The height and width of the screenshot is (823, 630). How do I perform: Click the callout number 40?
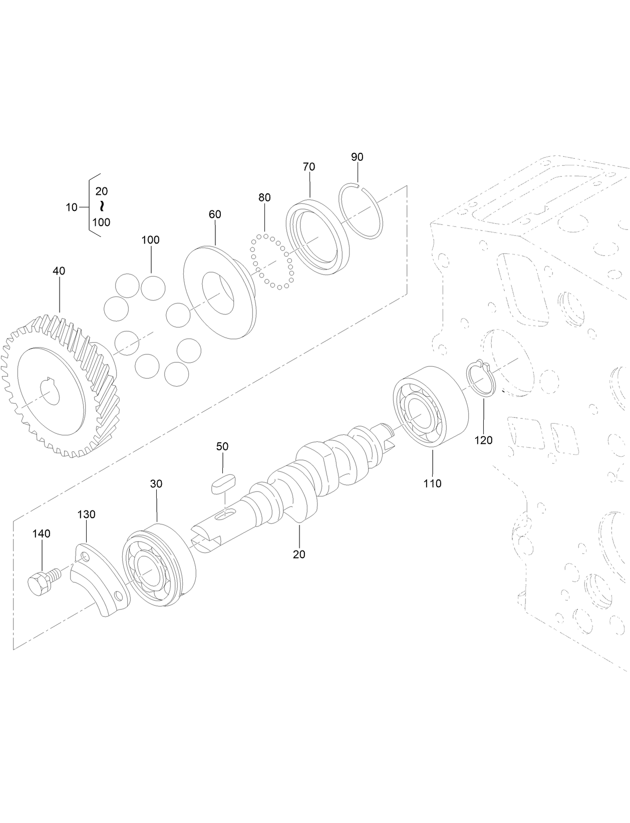[59, 271]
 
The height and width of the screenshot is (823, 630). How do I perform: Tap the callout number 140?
[42, 534]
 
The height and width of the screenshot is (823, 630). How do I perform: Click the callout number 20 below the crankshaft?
[299, 555]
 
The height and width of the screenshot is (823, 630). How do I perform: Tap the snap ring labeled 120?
[481, 378]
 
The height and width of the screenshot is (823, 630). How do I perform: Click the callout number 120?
[483, 440]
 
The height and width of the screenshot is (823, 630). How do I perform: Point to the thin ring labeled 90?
[362, 211]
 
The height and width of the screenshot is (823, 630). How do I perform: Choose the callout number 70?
[309, 167]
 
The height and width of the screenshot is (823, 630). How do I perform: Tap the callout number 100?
[150, 240]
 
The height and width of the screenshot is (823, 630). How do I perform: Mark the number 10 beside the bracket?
[72, 207]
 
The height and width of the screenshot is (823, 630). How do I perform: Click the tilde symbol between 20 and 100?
[102, 206]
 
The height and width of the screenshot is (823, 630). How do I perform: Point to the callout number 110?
[432, 483]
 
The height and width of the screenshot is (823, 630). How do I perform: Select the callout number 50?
[222, 446]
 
